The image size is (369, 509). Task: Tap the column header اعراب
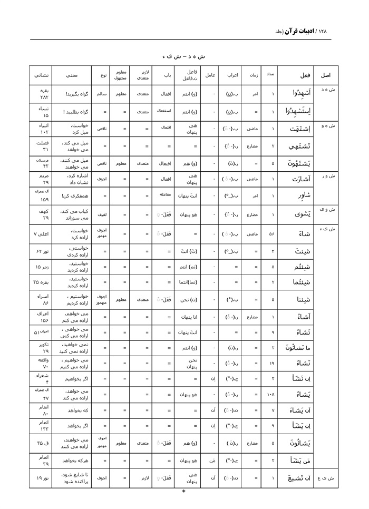[232, 75]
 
